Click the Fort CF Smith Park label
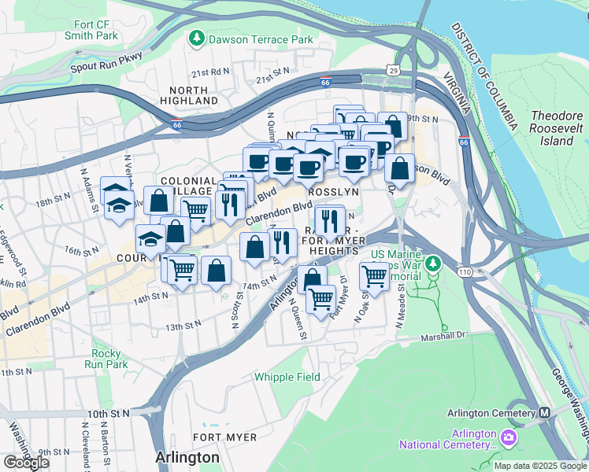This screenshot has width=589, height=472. pos(93,30)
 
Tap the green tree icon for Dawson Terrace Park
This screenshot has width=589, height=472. pos(195,37)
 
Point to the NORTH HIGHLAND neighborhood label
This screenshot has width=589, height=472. pos(189,95)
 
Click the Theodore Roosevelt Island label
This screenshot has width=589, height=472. pos(557,128)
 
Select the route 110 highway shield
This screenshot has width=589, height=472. pos(463,271)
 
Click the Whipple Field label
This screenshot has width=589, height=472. pos(287,377)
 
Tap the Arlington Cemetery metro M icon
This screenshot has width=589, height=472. pos(544,413)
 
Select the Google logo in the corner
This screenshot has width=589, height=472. pos(26,462)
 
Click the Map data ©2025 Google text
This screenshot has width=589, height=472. pos(539,466)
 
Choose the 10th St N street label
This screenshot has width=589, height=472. pos(109,413)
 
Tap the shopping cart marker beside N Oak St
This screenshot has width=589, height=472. pos(373,276)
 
